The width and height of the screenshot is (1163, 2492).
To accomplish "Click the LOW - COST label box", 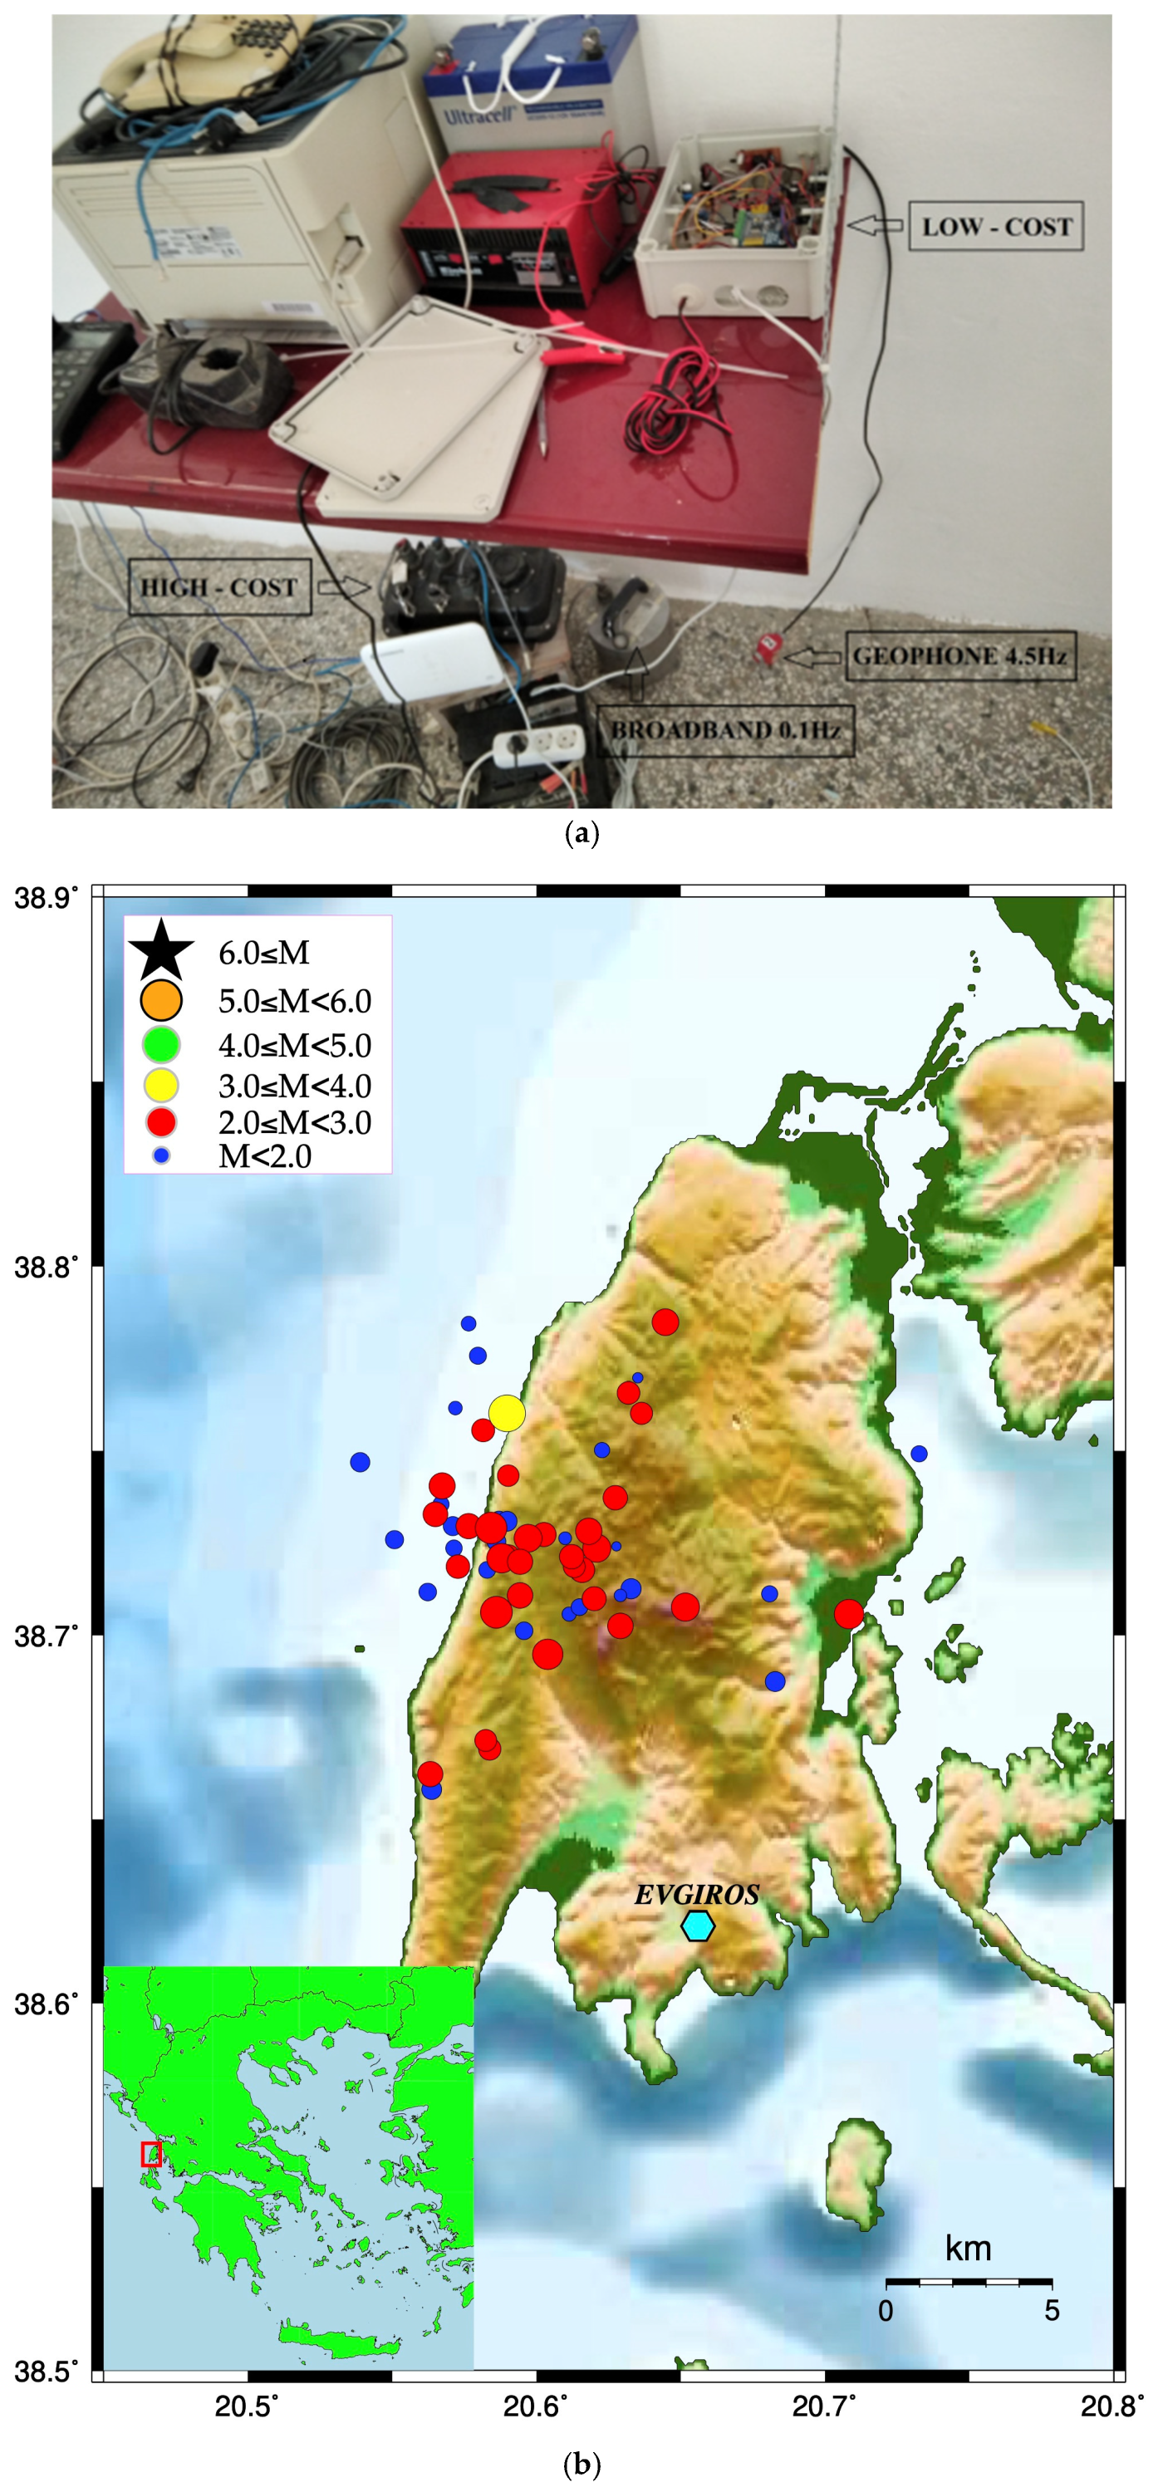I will [996, 227].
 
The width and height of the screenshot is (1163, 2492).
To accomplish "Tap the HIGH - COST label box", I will [218, 587].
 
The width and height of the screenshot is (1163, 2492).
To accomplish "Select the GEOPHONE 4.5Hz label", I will [959, 656].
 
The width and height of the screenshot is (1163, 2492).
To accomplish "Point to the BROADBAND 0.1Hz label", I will [724, 730].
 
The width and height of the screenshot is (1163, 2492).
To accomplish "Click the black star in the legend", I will [162, 951].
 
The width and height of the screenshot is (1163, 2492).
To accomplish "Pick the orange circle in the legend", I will [162, 1000].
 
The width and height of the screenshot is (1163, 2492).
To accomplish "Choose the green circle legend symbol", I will [162, 1045].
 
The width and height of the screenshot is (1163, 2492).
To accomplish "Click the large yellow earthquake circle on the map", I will [507, 1413].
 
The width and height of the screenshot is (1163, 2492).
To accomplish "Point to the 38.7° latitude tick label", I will [47, 1636].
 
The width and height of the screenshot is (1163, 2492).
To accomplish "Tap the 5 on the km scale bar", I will [1052, 2311].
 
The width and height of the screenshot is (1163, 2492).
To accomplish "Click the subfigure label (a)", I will [581, 833].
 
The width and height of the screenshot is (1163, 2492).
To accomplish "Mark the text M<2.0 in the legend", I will [265, 1156].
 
